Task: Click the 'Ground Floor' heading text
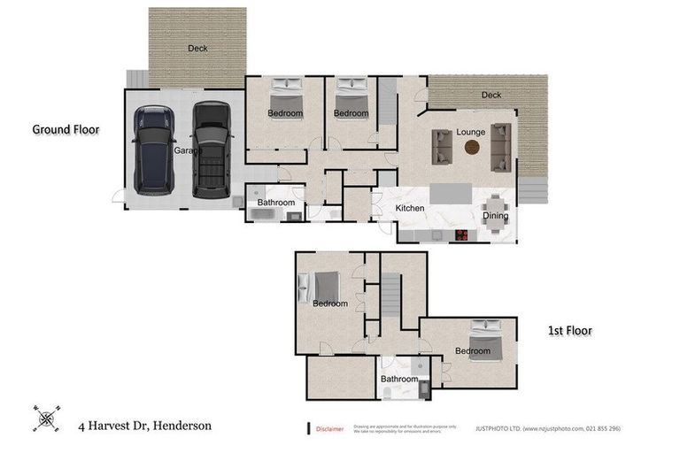pos(66,129)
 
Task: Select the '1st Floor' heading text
pos(568,331)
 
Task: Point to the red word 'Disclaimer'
pos(331,429)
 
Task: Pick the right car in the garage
pos(212,149)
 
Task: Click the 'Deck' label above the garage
pos(197,49)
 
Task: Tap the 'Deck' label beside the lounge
pos(491,96)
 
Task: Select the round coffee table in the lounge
pos(471,148)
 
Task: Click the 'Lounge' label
pos(470,132)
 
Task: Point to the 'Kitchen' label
pos(410,209)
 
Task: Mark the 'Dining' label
pos(495,216)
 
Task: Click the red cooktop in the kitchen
pos(461,234)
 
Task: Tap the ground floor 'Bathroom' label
pos(275,203)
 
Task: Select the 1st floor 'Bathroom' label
pos(398,379)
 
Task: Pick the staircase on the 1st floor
pos(391,292)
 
